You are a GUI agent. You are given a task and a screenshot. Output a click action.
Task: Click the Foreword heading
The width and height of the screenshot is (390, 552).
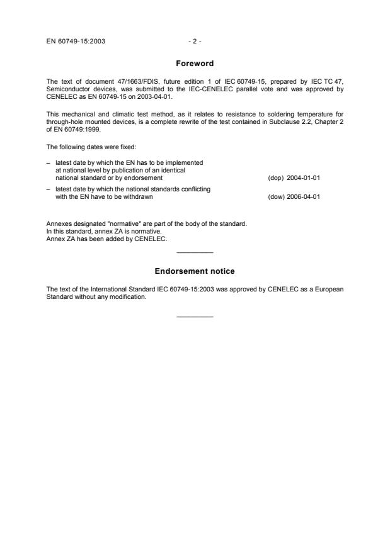point(195,64)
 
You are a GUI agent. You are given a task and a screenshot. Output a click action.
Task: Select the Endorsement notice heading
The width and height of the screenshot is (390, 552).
point(195,271)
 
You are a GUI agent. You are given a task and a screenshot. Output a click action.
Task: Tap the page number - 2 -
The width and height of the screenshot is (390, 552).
point(195,42)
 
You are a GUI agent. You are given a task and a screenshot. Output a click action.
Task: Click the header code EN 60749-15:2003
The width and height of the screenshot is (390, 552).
point(76,42)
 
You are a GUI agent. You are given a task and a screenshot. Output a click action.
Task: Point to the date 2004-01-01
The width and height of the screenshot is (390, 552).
point(303,177)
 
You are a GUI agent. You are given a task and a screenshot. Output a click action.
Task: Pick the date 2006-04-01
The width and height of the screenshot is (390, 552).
point(303,197)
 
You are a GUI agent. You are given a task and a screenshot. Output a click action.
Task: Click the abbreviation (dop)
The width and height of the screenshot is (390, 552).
point(275,177)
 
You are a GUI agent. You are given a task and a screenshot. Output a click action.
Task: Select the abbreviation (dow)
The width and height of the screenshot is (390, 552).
point(275,197)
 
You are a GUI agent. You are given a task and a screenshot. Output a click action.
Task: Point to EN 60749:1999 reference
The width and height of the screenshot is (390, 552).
point(80,131)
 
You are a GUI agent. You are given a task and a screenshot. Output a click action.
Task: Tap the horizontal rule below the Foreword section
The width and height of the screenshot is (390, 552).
point(195,253)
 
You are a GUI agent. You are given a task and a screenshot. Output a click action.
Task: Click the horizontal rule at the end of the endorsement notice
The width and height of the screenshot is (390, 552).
point(195,317)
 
